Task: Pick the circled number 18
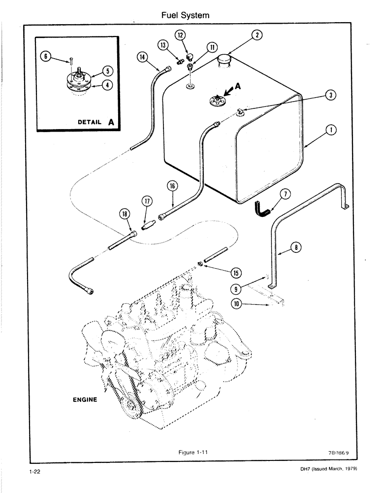click(124, 213)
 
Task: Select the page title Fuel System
click(185, 15)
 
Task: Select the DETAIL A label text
click(96, 121)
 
